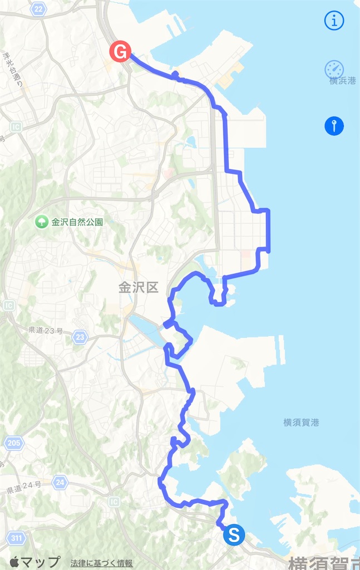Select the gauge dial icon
pyautogui.click(x=334, y=70)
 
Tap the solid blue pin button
pyautogui.click(x=334, y=126)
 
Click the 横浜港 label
pyautogui.click(x=342, y=81)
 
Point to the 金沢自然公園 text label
pyautogui.click(x=77, y=222)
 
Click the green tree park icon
pyautogui.click(x=41, y=222)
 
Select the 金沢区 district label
pyautogui.click(x=139, y=287)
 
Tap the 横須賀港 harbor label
pyautogui.click(x=301, y=422)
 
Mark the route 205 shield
pyautogui.click(x=14, y=443)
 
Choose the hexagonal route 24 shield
pyautogui.click(x=60, y=482)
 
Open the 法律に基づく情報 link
pyautogui.click(x=102, y=563)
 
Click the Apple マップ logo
pyautogui.click(x=34, y=562)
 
